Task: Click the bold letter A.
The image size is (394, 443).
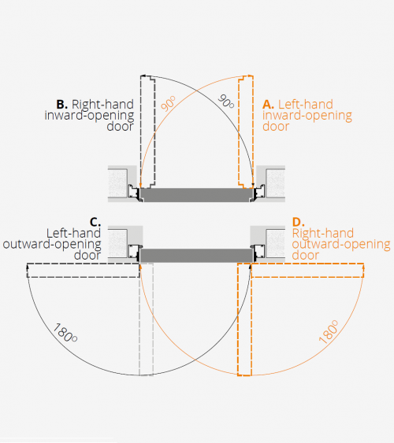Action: click(268, 105)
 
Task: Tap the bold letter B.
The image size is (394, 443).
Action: click(62, 105)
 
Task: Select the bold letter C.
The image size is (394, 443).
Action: click(95, 222)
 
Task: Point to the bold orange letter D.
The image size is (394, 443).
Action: click(298, 222)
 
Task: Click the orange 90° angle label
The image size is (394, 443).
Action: click(169, 103)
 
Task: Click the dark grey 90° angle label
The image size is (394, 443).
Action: click(226, 102)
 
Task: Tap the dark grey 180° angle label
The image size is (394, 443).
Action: click(65, 333)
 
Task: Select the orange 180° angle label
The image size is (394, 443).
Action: click(329, 332)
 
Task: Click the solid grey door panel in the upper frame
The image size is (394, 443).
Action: click(196, 195)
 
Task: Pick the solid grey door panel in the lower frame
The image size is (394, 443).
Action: click(196, 256)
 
